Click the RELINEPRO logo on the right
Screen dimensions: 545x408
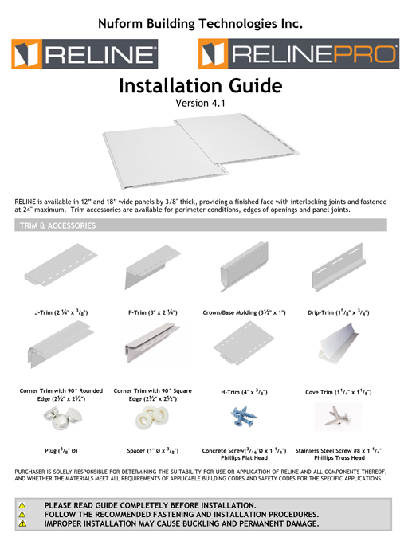coord(298,55)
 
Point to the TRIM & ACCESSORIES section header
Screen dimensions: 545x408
coord(57,226)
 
